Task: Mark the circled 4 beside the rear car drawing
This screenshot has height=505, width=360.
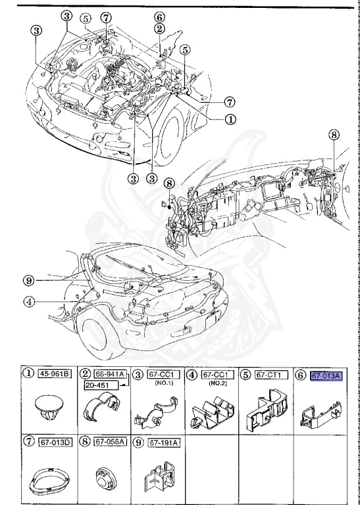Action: point(28,302)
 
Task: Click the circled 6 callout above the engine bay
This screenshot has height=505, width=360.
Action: point(159,17)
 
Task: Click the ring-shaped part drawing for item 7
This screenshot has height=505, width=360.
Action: point(48,482)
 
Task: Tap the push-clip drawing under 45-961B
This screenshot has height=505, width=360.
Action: point(48,408)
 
